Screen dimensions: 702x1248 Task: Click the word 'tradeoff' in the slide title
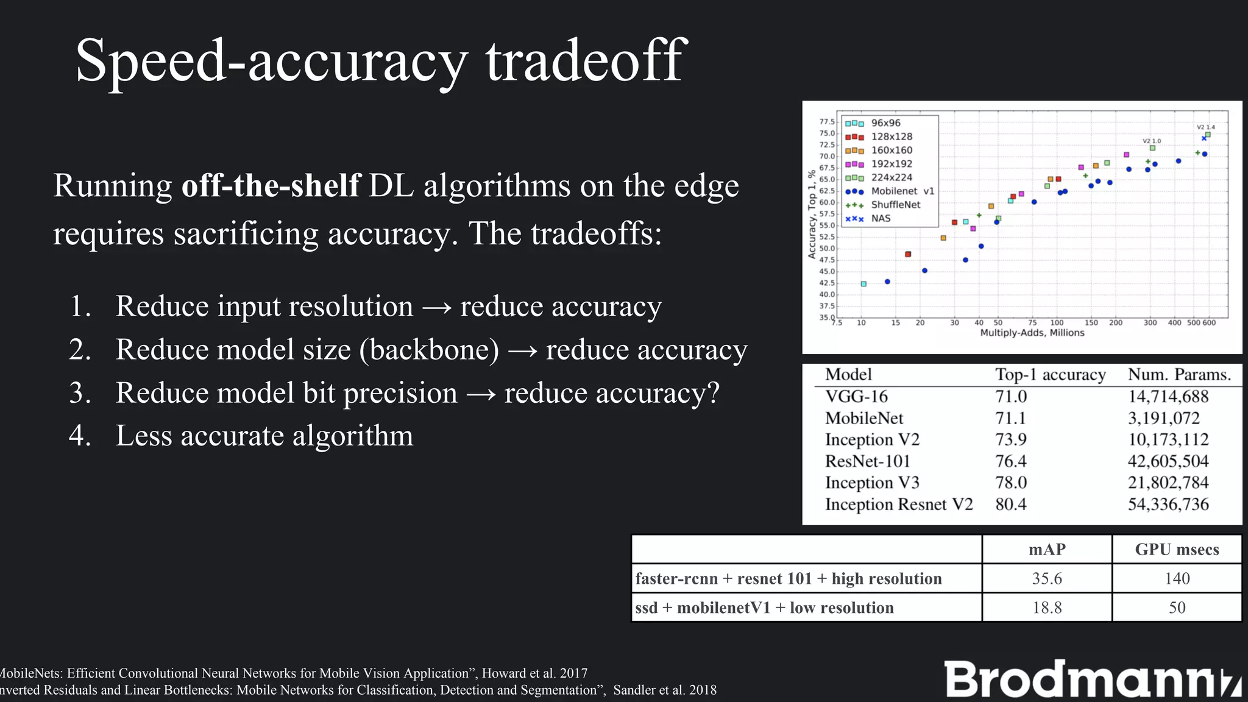[x=586, y=60]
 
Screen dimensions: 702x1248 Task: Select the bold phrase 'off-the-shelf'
[x=271, y=186]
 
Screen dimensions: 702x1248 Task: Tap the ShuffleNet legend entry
[x=895, y=205]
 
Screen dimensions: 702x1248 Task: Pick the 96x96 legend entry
[x=885, y=123]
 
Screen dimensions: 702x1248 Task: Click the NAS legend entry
[x=881, y=218]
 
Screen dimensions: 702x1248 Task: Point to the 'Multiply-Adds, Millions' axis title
[x=1032, y=333]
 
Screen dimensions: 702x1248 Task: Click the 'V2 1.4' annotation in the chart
[x=1205, y=127]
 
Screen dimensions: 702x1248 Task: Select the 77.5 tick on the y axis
[x=826, y=122]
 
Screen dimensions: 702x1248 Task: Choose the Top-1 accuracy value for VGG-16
[x=1011, y=397]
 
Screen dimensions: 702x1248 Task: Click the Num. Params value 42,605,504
[x=1168, y=461]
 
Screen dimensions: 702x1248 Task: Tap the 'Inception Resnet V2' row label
[x=898, y=505]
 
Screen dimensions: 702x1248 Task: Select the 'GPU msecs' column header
[x=1177, y=550]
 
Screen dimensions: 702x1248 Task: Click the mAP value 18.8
[x=1047, y=608]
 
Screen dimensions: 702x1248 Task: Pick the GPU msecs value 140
[x=1177, y=578]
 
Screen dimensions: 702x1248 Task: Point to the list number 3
[x=80, y=393]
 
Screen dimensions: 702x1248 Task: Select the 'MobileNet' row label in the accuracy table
[x=863, y=419]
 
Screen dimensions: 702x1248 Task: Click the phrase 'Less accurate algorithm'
[x=264, y=436]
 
